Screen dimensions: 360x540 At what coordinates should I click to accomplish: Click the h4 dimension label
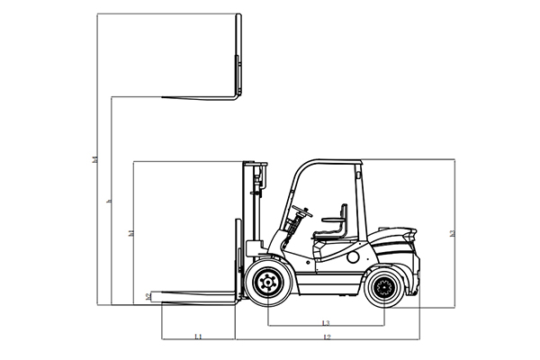click(x=95, y=159)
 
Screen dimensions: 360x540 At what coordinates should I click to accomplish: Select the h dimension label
click(x=109, y=202)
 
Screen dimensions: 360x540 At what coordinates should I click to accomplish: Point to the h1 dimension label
click(x=131, y=233)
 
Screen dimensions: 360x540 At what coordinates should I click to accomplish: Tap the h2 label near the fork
click(x=148, y=296)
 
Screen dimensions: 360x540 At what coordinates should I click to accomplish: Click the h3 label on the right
click(x=453, y=233)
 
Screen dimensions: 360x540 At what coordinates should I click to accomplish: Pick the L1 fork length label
click(x=198, y=336)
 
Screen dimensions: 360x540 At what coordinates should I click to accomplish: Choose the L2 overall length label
click(x=327, y=337)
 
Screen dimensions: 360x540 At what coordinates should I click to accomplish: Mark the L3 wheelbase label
click(x=325, y=322)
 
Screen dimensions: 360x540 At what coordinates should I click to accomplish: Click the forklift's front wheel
click(x=267, y=284)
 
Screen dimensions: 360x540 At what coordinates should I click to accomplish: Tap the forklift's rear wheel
click(x=384, y=288)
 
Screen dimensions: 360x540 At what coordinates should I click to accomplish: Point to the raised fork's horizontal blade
click(x=198, y=95)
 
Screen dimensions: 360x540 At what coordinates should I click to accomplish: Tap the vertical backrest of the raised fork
click(x=238, y=54)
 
